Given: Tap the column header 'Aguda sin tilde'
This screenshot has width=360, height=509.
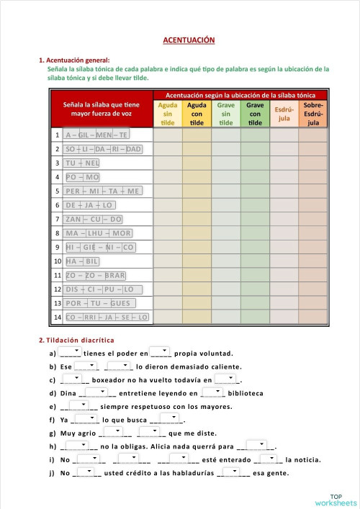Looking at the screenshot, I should tap(168, 114).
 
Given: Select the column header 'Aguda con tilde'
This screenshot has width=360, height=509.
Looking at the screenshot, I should tap(197, 114).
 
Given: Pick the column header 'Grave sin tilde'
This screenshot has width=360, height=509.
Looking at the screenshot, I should tap(226, 114).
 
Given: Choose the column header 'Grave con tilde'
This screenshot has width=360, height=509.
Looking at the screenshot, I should tap(255, 114).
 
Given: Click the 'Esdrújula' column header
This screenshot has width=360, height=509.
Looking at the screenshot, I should tap(284, 114).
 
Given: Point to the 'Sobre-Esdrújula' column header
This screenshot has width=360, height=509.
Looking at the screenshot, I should tap(312, 114).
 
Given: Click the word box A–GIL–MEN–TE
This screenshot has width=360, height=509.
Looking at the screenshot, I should tap(96, 135).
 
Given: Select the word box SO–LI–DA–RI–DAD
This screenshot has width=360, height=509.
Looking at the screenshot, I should tap(104, 149).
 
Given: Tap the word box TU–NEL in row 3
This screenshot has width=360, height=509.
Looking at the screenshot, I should tap(82, 163).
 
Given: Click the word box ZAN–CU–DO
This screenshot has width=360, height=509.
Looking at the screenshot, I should tap(94, 219).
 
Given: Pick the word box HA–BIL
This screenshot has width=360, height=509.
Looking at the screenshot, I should tap(82, 261).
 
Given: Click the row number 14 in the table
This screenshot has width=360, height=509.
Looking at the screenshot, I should tap(57, 317).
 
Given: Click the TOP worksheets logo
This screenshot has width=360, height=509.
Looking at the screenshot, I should tap(335, 498).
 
